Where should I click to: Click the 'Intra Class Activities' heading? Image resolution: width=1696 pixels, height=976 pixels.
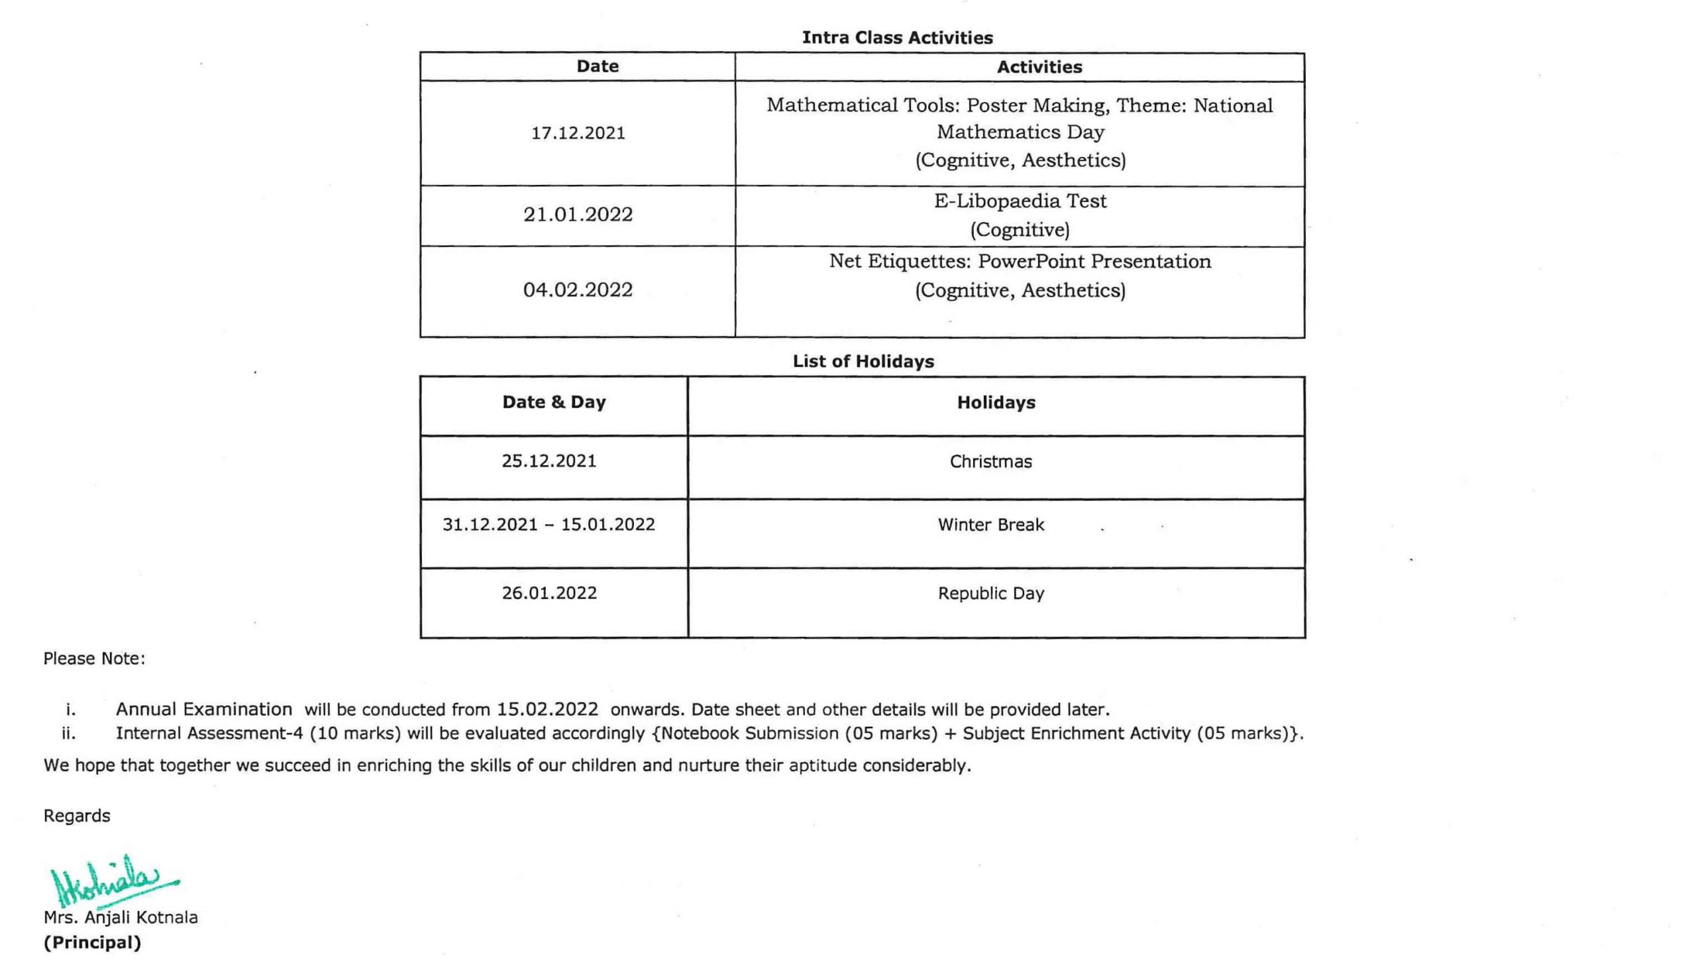click(x=896, y=38)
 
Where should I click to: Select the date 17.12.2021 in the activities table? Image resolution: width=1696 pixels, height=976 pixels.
click(x=578, y=133)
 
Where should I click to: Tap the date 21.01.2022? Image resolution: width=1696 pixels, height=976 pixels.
click(x=578, y=215)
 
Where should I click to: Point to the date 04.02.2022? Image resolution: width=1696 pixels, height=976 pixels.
click(x=578, y=290)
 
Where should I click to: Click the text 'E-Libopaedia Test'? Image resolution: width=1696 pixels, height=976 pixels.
click(x=1020, y=201)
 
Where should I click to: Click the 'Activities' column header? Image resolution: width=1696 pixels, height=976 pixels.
click(x=1039, y=67)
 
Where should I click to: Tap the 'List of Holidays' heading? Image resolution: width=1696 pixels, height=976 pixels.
click(x=863, y=361)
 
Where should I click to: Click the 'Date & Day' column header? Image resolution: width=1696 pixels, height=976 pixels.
click(x=553, y=402)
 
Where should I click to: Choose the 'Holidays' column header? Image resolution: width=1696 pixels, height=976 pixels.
click(x=996, y=403)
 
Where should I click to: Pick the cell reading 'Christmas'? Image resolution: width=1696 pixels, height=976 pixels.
click(x=990, y=462)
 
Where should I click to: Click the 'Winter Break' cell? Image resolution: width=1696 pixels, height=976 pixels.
click(x=990, y=525)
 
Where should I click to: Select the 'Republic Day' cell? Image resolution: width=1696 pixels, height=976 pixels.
click(x=990, y=593)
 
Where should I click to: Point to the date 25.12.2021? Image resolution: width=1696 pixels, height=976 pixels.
click(x=549, y=461)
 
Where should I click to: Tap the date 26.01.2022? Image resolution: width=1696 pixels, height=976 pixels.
click(x=549, y=593)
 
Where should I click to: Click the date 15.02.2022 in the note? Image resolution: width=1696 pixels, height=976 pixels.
click(x=547, y=709)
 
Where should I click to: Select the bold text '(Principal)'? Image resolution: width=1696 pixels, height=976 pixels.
click(x=93, y=942)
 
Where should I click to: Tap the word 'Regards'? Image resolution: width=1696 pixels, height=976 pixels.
click(x=76, y=816)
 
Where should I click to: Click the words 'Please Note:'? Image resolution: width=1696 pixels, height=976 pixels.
click(x=94, y=658)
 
